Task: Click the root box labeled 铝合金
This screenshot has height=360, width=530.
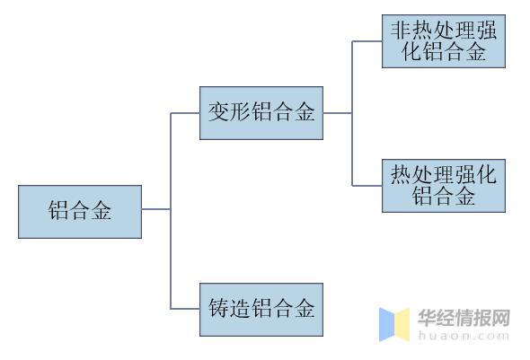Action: click(x=80, y=212)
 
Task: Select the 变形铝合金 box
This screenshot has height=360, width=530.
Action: click(x=261, y=113)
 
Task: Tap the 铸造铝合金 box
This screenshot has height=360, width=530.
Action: click(x=261, y=310)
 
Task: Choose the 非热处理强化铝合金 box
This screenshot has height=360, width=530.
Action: click(x=444, y=41)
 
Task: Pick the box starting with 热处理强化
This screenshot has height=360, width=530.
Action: click(x=444, y=186)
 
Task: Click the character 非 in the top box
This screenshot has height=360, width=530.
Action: click(x=401, y=31)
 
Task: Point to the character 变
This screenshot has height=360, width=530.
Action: click(x=218, y=112)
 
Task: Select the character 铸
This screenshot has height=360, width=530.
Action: click(x=218, y=308)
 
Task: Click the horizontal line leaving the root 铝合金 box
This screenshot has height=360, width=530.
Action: click(x=156, y=209)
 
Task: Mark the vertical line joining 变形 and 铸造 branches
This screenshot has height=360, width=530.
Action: click(x=171, y=211)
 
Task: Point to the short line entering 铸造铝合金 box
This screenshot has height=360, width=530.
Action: click(x=185, y=309)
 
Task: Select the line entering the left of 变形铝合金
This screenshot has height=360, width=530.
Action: click(x=185, y=113)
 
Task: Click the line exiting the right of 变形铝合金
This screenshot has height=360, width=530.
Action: click(x=338, y=113)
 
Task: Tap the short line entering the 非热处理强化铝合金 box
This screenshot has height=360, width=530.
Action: click(x=367, y=41)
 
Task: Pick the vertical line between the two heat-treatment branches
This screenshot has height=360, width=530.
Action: click(x=352, y=113)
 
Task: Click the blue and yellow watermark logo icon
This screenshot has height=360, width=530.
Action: click(x=394, y=325)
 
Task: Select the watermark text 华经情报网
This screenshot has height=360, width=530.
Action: click(x=464, y=318)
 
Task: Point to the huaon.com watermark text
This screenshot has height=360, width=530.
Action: click(x=464, y=336)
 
